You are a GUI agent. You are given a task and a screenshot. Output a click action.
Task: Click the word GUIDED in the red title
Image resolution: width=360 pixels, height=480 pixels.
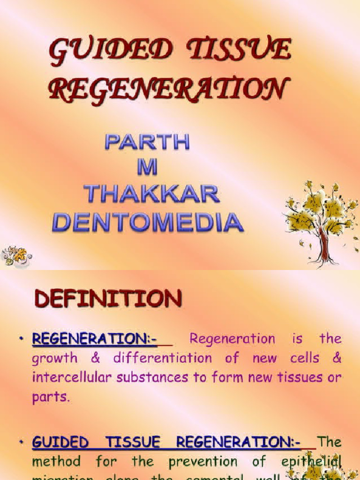click(109, 52)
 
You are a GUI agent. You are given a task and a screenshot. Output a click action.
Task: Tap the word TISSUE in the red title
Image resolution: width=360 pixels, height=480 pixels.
click(239, 50)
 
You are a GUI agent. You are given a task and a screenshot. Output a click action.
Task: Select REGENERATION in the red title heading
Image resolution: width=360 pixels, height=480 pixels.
click(167, 89)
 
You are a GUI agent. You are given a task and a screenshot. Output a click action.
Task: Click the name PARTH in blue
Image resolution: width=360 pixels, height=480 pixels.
click(148, 142)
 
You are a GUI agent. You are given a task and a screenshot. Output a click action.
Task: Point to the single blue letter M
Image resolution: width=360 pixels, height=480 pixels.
click(147, 168)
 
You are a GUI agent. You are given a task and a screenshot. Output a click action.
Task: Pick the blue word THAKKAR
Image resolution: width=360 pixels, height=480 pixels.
click(151, 194)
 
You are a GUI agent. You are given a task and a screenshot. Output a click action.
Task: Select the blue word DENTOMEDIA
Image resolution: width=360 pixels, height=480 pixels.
click(148, 222)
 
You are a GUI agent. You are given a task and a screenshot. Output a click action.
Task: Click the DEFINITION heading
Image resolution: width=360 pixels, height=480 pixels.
click(108, 299)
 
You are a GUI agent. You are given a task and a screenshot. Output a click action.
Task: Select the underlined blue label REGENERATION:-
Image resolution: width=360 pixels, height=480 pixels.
click(94, 339)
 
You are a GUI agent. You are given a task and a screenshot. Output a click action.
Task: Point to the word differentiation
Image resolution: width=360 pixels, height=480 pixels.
click(162, 359)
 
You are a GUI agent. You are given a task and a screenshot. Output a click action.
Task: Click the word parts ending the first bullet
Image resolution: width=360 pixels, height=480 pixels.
click(51, 397)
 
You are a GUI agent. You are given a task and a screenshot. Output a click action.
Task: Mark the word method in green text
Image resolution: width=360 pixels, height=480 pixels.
click(56, 461)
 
